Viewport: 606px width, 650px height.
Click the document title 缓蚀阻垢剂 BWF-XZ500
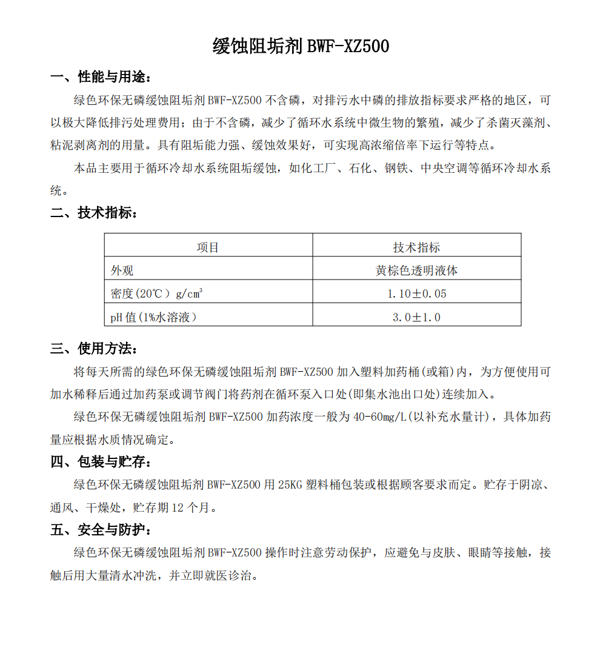point(301,46)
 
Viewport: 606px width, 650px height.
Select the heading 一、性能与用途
point(101,77)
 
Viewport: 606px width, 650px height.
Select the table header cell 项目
point(208,247)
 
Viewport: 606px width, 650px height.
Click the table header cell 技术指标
point(416,247)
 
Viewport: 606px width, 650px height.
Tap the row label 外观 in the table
point(122,270)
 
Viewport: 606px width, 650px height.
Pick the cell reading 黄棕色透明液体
point(416,270)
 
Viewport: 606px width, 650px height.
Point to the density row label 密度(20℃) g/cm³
point(156,293)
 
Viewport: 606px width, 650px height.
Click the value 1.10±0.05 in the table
point(416,293)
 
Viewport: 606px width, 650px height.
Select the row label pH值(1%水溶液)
point(153,317)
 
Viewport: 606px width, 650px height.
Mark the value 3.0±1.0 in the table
point(416,317)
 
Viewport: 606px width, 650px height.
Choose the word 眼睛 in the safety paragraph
point(479,553)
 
